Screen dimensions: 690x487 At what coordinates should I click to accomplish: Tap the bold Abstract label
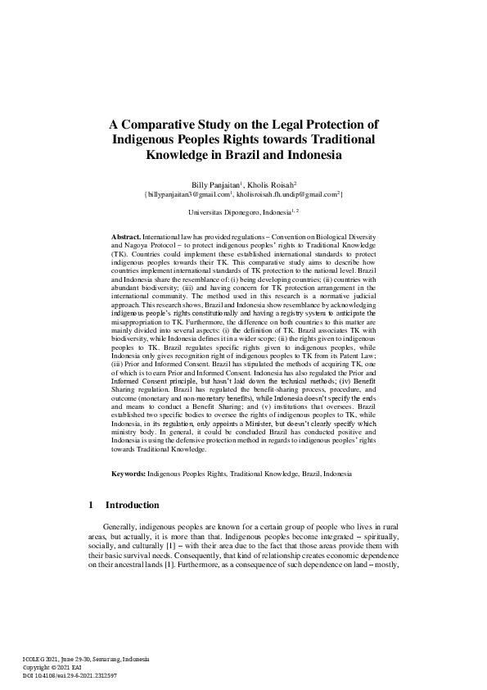126,235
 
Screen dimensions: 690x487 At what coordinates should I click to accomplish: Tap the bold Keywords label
129,497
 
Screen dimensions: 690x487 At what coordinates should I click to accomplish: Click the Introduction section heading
133,528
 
